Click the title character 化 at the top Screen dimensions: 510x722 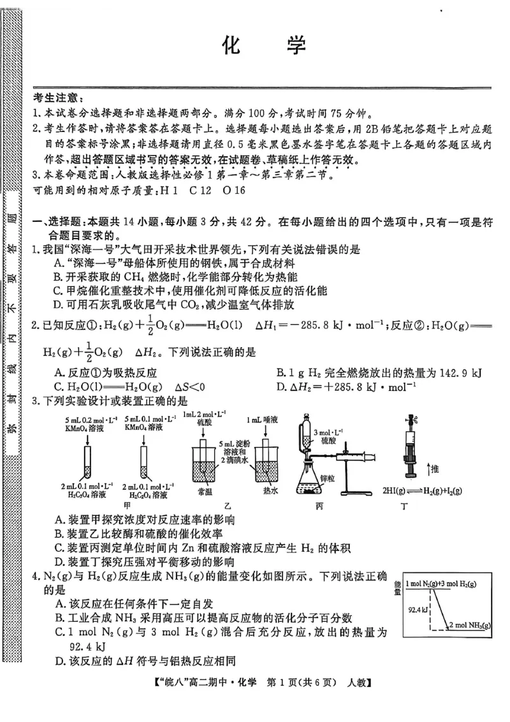tap(231, 47)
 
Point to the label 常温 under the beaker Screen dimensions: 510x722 tap(205, 492)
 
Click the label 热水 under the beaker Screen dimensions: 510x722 tap(268, 492)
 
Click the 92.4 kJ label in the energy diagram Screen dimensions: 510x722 tap(419, 610)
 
